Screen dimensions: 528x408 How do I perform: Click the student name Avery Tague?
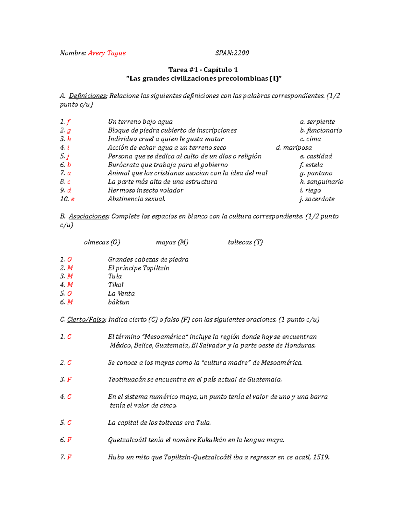tap(107, 53)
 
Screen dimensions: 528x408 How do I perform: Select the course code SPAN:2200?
tap(232, 53)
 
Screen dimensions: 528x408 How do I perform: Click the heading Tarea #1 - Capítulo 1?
tap(203, 70)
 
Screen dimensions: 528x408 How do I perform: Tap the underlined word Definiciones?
tap(88, 96)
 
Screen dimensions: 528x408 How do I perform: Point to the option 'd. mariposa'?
tap(294, 148)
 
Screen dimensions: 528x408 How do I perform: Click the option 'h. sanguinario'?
tap(322, 182)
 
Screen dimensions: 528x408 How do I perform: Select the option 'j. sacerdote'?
tap(317, 199)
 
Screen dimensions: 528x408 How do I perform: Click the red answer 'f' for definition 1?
tap(68, 122)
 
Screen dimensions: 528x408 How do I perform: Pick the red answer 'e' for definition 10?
tap(72, 199)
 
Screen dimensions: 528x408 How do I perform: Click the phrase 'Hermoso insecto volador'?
tap(146, 190)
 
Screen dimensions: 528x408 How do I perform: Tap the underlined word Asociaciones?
tap(89, 216)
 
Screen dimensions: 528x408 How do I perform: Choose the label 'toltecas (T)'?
tap(245, 242)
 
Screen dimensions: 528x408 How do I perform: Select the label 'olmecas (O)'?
tap(102, 242)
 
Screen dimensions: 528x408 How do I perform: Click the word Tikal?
tap(116, 285)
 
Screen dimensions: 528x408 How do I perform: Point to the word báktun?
tap(119, 302)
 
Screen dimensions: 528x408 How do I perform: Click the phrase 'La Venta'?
tap(121, 293)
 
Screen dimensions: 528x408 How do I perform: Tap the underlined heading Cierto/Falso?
tap(86, 320)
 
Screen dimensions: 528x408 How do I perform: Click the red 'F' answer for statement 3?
tap(69, 379)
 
